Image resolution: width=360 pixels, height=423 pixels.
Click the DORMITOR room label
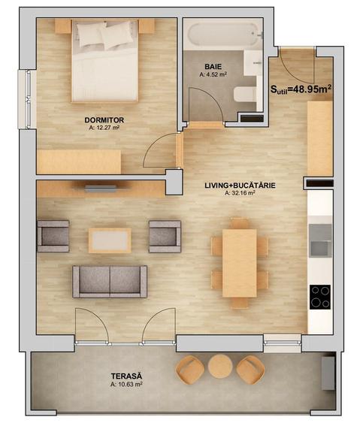[104, 119]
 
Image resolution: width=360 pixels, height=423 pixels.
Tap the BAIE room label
[213, 66]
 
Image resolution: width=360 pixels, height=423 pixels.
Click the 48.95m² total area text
[301, 89]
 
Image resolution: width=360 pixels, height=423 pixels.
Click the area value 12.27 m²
[104, 128]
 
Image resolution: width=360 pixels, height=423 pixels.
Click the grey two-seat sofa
[110, 281]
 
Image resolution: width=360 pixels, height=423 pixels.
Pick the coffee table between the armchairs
[110, 240]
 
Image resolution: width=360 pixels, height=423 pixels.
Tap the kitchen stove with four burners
[320, 298]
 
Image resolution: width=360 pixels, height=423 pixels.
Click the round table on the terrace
[220, 367]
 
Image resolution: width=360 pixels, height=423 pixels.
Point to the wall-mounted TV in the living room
[100, 189]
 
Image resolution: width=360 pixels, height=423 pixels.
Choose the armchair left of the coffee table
[54, 236]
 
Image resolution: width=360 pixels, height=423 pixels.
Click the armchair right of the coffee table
[165, 236]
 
